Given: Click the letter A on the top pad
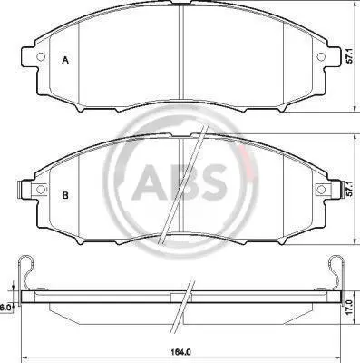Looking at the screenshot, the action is [65, 60].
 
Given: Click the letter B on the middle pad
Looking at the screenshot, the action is [65, 196].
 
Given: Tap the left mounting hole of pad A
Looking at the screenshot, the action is [40, 56].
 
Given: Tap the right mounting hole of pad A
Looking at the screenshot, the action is [321, 56].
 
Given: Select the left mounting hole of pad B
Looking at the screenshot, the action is [40, 190].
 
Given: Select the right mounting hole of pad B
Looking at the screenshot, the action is [321, 190].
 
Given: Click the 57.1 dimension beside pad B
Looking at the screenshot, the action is [349, 189].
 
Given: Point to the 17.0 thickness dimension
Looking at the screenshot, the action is [349, 307].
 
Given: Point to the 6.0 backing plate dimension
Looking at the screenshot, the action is [5, 308].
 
